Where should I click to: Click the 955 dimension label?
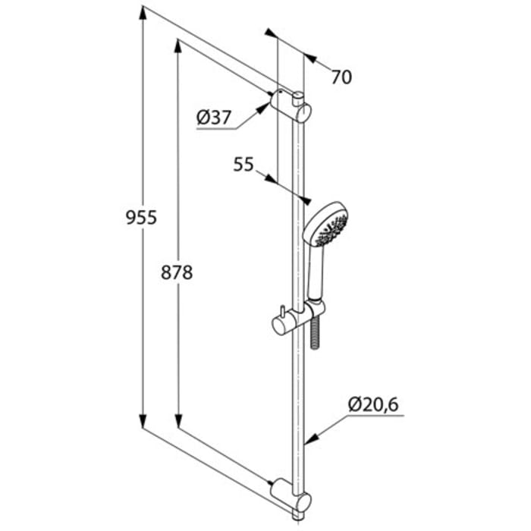click(141, 218)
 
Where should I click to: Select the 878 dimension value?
click(177, 272)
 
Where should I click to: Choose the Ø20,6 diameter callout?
click(373, 406)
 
